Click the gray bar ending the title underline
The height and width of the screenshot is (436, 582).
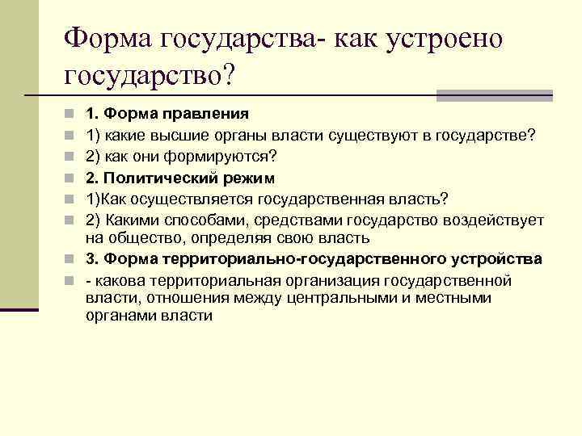[494, 95]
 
